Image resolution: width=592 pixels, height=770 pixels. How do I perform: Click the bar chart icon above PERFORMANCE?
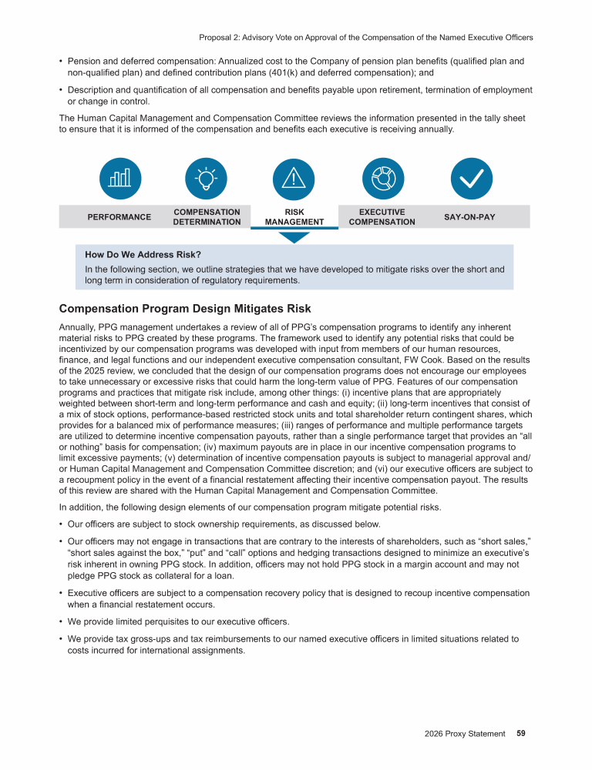tap(119, 178)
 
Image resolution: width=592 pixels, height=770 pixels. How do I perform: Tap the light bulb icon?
tap(207, 178)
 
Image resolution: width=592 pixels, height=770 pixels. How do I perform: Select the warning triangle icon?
tap(294, 178)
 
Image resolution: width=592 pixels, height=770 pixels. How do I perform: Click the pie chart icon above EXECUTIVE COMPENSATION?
tap(382, 178)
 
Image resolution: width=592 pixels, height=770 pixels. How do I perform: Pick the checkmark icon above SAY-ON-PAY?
tap(469, 178)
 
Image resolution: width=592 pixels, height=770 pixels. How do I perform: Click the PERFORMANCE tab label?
tap(119, 217)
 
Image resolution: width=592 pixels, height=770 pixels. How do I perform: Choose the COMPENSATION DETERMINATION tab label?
tap(207, 217)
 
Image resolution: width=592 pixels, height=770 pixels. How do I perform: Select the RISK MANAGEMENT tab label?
tap(294, 217)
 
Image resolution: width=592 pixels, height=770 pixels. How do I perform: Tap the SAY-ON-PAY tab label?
tap(469, 217)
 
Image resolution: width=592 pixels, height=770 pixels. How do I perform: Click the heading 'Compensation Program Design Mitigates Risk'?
tap(185, 309)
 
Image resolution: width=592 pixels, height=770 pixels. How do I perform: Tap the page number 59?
tap(521, 734)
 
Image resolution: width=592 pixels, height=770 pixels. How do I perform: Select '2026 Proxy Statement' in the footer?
tap(464, 734)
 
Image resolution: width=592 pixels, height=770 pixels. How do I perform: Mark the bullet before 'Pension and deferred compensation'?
tap(61, 60)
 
